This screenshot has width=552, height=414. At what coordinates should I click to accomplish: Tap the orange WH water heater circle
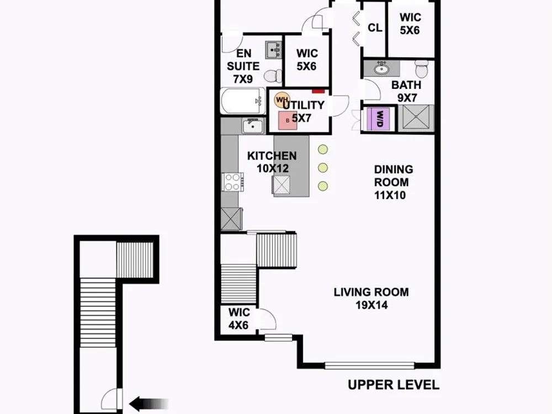[282, 100]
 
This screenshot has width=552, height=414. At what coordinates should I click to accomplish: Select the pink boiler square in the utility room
[288, 120]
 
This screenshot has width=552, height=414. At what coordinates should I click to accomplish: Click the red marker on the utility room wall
[319, 91]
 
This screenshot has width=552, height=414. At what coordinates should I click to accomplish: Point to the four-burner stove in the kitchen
[233, 182]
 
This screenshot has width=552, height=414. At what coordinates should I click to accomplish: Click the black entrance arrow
[148, 404]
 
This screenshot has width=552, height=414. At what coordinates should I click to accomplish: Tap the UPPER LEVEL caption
[394, 385]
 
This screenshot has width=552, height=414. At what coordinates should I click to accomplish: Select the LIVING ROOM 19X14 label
[371, 299]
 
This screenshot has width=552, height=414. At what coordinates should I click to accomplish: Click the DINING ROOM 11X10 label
[393, 182]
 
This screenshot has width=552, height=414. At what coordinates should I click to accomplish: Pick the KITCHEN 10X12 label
[272, 162]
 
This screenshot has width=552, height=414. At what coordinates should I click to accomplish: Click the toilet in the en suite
[273, 76]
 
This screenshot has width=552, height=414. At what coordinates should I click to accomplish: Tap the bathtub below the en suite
[243, 101]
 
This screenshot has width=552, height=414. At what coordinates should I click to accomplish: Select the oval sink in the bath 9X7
[381, 68]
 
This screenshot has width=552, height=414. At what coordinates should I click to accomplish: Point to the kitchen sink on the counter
[253, 126]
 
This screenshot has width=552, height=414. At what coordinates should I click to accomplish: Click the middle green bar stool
[323, 168]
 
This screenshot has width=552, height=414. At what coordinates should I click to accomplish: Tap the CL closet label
[375, 28]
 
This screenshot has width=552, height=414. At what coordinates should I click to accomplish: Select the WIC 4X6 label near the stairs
[238, 319]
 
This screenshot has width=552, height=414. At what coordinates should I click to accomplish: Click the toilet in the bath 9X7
[421, 68]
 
